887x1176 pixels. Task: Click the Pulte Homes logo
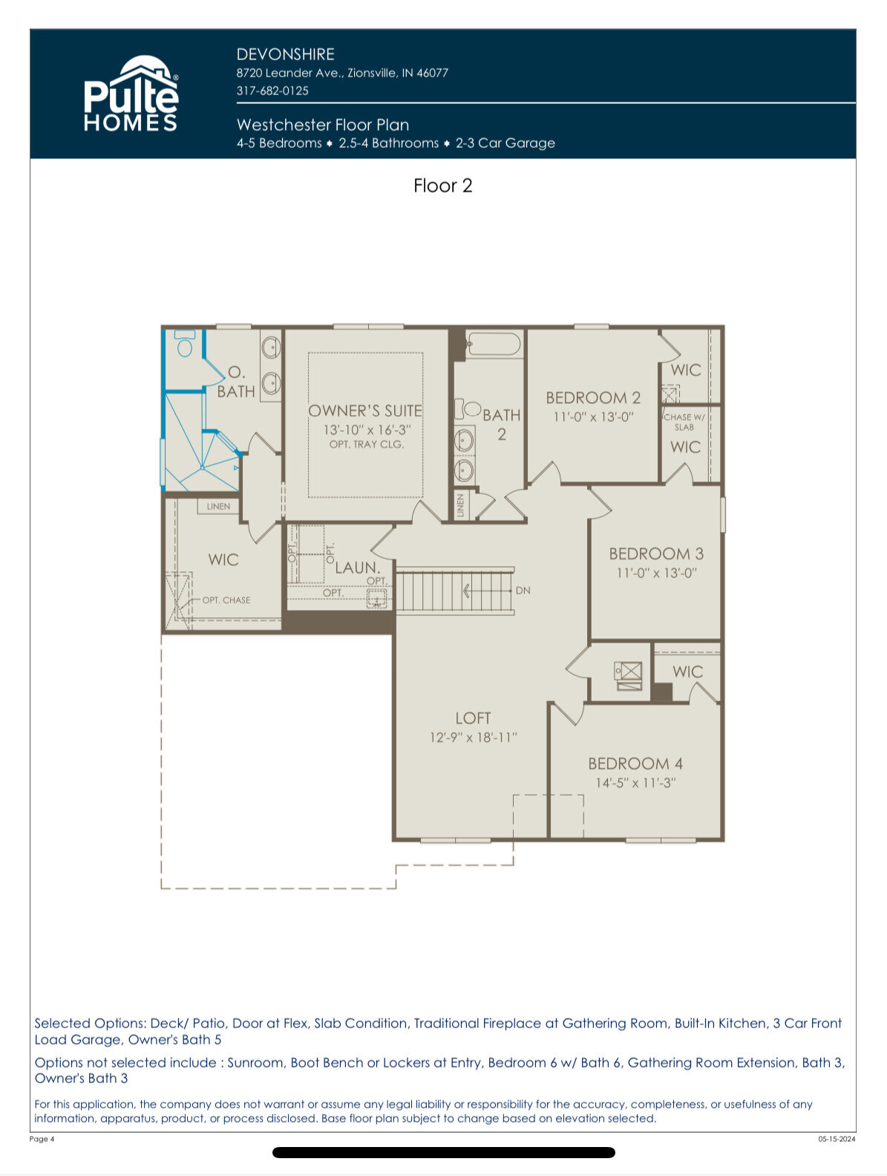131,94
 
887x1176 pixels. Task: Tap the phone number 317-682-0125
272,91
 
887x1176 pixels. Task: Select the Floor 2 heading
442,186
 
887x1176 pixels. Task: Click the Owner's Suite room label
365,410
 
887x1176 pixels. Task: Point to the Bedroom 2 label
593,397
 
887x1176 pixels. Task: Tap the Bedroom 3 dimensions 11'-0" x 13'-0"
656,573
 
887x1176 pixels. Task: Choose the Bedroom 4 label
635,764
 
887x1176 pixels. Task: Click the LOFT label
473,718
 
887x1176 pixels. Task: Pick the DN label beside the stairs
523,591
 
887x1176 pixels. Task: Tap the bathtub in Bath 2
494,343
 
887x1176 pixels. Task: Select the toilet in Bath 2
468,409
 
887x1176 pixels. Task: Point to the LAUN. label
358,568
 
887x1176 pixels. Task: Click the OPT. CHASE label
226,600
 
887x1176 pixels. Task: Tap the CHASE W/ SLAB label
684,422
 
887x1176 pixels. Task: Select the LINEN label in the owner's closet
218,507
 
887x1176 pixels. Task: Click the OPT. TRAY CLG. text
367,444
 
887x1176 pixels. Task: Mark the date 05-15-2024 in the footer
837,1139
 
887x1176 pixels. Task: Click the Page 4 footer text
42,1139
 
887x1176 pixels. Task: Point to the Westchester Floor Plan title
323,125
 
